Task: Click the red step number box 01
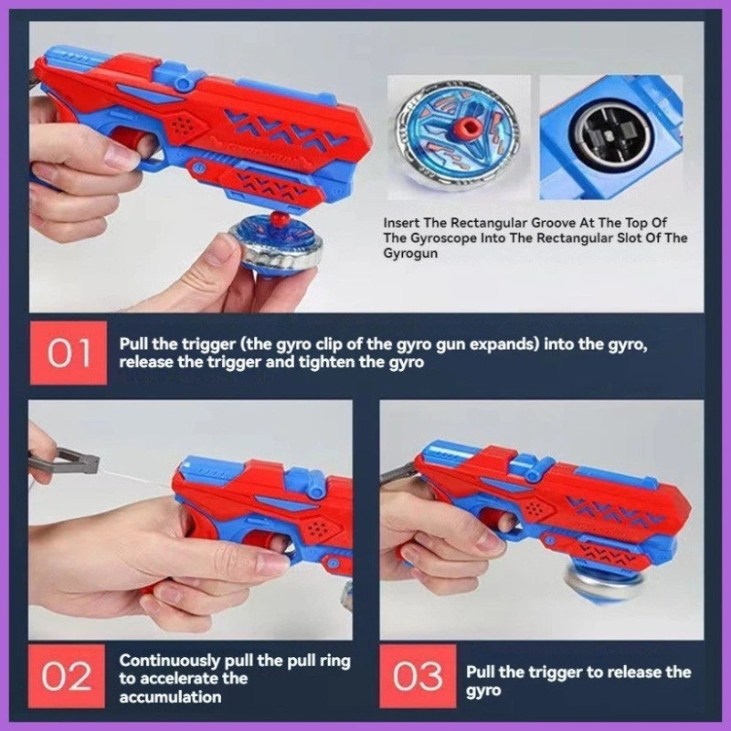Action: click(x=68, y=353)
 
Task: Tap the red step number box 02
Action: click(x=67, y=676)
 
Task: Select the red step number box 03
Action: click(x=418, y=676)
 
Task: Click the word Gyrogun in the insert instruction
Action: click(x=410, y=254)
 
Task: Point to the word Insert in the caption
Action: click(x=401, y=223)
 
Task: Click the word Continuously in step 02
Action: click(x=170, y=661)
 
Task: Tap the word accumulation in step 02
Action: click(x=170, y=697)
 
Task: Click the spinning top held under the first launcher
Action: click(x=276, y=246)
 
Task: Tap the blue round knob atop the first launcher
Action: click(x=184, y=83)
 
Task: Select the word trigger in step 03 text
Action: click(x=558, y=673)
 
